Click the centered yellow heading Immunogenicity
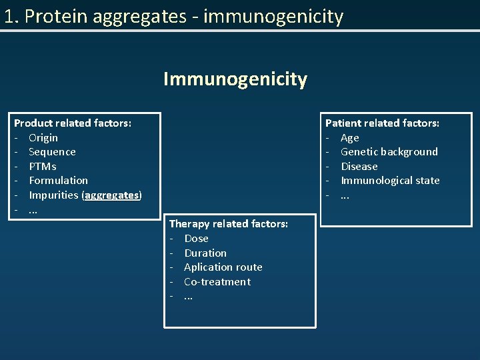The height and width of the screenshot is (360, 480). click(235, 79)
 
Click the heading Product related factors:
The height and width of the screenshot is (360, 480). click(73, 123)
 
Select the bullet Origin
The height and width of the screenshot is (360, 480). click(43, 137)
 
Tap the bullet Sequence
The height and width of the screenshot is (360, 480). click(52, 152)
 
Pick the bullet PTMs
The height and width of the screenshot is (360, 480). click(43, 167)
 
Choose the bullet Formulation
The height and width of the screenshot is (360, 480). click(58, 181)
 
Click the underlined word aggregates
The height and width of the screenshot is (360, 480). click(112, 195)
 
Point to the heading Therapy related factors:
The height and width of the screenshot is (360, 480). click(229, 224)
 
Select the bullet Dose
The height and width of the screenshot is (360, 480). click(196, 239)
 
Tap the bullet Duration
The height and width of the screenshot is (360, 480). click(205, 253)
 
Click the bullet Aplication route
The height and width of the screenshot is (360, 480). click(223, 267)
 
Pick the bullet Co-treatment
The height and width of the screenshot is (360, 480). click(217, 282)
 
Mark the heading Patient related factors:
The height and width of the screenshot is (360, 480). click(382, 123)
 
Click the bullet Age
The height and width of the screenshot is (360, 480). click(350, 138)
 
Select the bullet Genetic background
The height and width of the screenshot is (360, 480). click(389, 152)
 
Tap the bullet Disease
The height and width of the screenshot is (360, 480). click(359, 167)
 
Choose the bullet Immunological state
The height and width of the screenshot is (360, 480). click(390, 181)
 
